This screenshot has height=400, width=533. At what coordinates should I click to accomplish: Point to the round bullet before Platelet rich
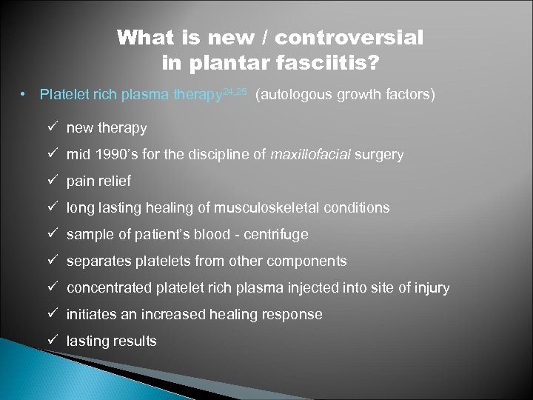pos(24,96)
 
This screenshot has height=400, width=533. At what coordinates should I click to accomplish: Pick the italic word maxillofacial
pos(312,155)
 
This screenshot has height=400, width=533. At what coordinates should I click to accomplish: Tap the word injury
pos(431,288)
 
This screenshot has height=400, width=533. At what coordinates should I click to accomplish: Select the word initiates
pos(93,315)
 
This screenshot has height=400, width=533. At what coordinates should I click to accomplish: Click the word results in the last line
pos(134,341)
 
